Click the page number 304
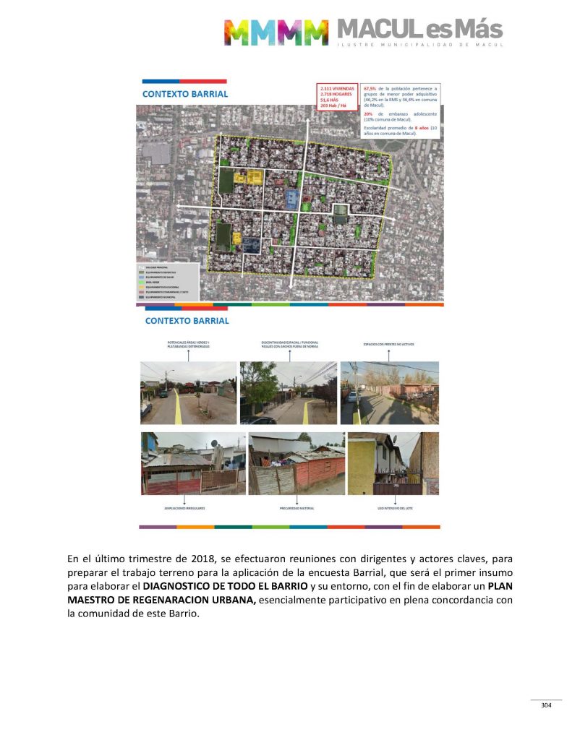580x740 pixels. tap(546, 705)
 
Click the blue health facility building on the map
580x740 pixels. tap(291, 199)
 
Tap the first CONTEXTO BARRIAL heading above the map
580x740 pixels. tap(185, 94)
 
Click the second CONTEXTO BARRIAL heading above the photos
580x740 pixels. tap(187, 320)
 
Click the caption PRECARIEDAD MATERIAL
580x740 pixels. tap(297, 509)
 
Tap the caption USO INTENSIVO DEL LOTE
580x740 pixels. tap(393, 509)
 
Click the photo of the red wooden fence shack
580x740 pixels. tap(297, 464)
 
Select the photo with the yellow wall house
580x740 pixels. tap(393, 464)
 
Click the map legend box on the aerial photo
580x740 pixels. tap(167, 280)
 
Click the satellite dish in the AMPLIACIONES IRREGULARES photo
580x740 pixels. tap(214, 442)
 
